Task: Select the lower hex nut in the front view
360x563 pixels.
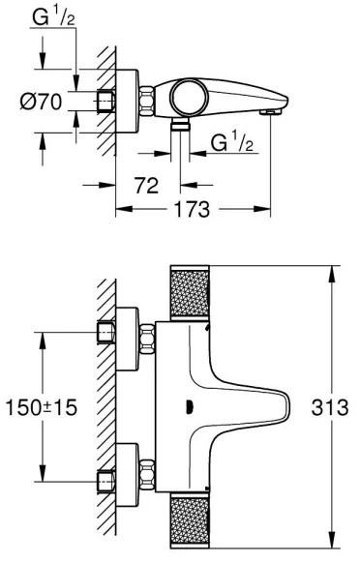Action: click(x=148, y=475)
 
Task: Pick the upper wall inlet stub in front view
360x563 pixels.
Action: click(x=107, y=336)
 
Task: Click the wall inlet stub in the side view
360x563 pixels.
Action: click(x=107, y=101)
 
